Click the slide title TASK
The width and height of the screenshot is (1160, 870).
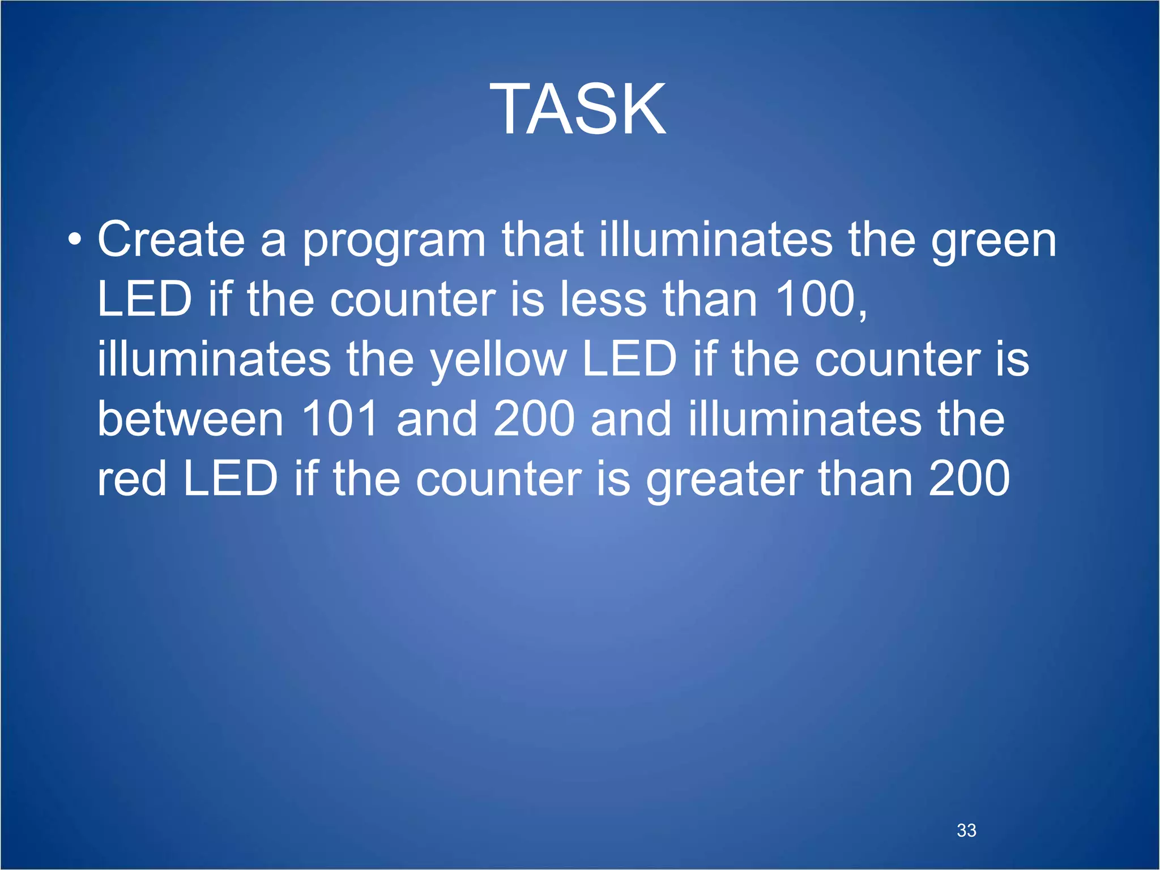click(x=578, y=109)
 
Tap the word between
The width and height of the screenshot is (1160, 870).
click(x=190, y=419)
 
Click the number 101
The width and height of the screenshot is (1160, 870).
click(x=339, y=419)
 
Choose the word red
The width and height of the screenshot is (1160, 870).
click(x=131, y=479)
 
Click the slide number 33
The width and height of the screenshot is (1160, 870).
click(x=966, y=830)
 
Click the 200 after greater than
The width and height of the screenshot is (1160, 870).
click(x=969, y=479)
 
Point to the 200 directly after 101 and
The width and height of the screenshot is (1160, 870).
click(x=534, y=419)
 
